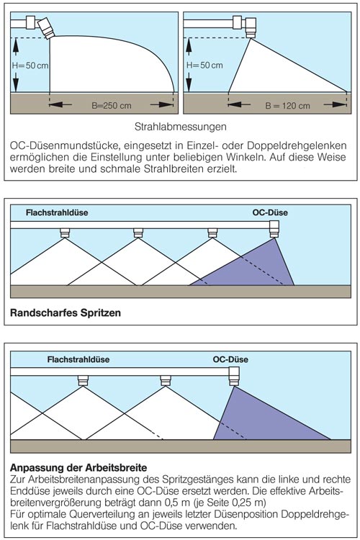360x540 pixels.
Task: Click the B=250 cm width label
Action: pyautogui.click(x=112, y=106)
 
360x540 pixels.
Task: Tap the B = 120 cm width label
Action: pyautogui.click(x=287, y=106)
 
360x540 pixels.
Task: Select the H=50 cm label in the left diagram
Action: pyautogui.click(x=30, y=65)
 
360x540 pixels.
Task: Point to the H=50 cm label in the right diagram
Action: pyautogui.click(x=204, y=65)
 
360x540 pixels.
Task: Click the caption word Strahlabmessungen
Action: pyautogui.click(x=181, y=127)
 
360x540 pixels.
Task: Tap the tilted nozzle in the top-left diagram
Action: pyautogui.click(x=46, y=28)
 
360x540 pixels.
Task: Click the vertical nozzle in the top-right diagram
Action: pyautogui.click(x=251, y=27)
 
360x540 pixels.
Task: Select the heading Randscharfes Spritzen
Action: pyautogui.click(x=66, y=312)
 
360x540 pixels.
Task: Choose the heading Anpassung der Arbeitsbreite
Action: pyautogui.click(x=78, y=468)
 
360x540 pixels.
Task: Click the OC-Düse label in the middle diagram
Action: pyautogui.click(x=270, y=212)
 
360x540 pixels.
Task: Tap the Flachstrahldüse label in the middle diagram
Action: pyautogui.click(x=57, y=212)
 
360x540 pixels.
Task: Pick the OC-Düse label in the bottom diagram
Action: pyautogui.click(x=230, y=359)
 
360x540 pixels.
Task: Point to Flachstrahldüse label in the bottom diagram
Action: pyautogui.click(x=78, y=359)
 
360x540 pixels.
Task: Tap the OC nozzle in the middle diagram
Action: pyautogui.click(x=274, y=229)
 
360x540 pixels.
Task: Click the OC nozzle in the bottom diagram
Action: pyautogui.click(x=234, y=377)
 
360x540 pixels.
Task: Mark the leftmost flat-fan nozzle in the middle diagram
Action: pyautogui.click(x=65, y=233)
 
